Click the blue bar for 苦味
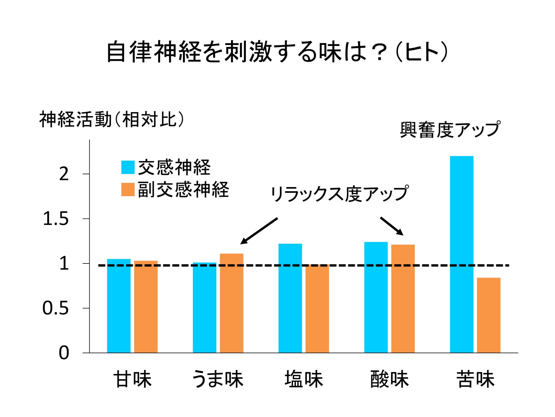coord(461,254)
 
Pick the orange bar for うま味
coord(231,303)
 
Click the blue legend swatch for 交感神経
coord(128,167)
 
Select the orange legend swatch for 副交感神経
coord(128,189)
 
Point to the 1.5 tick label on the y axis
coord(56,219)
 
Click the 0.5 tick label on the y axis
coord(55,308)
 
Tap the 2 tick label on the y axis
coord(64,174)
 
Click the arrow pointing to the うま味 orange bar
coord(259,231)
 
